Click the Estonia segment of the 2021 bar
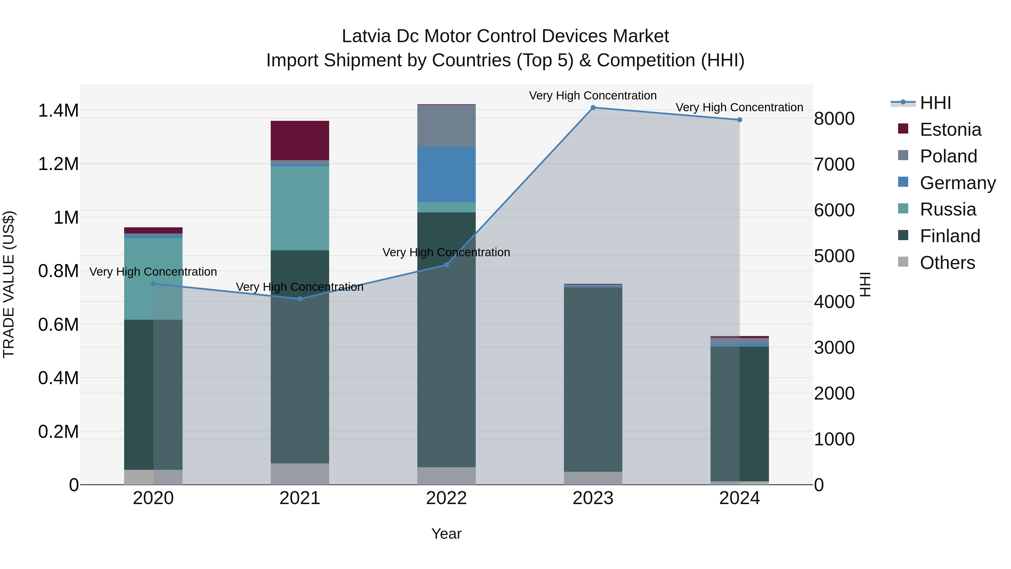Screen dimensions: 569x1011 coord(300,140)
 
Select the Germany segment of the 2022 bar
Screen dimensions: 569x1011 coord(446,174)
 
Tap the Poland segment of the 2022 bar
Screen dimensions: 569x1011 coord(446,126)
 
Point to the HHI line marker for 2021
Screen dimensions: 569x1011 coord(300,299)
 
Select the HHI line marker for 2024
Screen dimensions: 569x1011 coord(739,120)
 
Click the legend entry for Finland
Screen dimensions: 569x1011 coord(950,236)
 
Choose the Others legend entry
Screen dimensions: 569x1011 coord(947,263)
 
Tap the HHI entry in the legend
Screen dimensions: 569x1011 coord(935,103)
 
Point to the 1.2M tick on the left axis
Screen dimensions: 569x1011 coord(58,164)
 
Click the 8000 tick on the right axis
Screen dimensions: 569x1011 coord(834,119)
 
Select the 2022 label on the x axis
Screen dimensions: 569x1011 coord(446,498)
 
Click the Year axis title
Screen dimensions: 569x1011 coord(446,534)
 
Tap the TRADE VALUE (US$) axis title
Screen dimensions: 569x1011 coord(9,284)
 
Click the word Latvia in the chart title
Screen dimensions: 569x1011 coord(366,36)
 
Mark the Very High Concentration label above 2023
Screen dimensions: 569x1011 coord(593,96)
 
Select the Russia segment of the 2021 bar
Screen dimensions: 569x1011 coord(300,208)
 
